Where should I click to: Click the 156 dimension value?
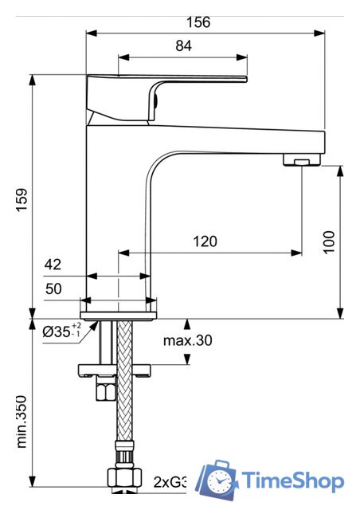coord(201,22)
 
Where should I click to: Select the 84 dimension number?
coord(183,46)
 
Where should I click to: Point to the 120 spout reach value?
coord(204,241)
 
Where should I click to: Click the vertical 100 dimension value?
coord(331,241)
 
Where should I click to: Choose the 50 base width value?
coord(53,289)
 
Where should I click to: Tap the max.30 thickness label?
coord(188,341)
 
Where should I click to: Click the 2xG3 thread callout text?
coord(170,481)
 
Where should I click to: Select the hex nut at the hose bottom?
coord(124,478)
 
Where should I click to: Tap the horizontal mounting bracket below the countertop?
coord(114,370)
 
